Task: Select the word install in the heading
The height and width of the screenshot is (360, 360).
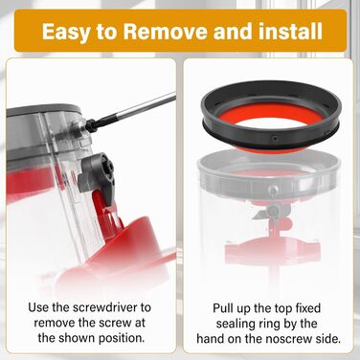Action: tap(290, 31)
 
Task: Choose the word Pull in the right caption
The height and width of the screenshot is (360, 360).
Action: tap(224, 308)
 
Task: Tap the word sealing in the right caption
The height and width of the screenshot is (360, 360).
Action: tap(238, 324)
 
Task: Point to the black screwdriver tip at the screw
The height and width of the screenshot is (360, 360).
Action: tap(92, 125)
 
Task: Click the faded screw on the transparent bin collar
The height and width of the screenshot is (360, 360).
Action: tap(272, 190)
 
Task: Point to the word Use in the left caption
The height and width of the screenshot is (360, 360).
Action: tap(38, 308)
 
